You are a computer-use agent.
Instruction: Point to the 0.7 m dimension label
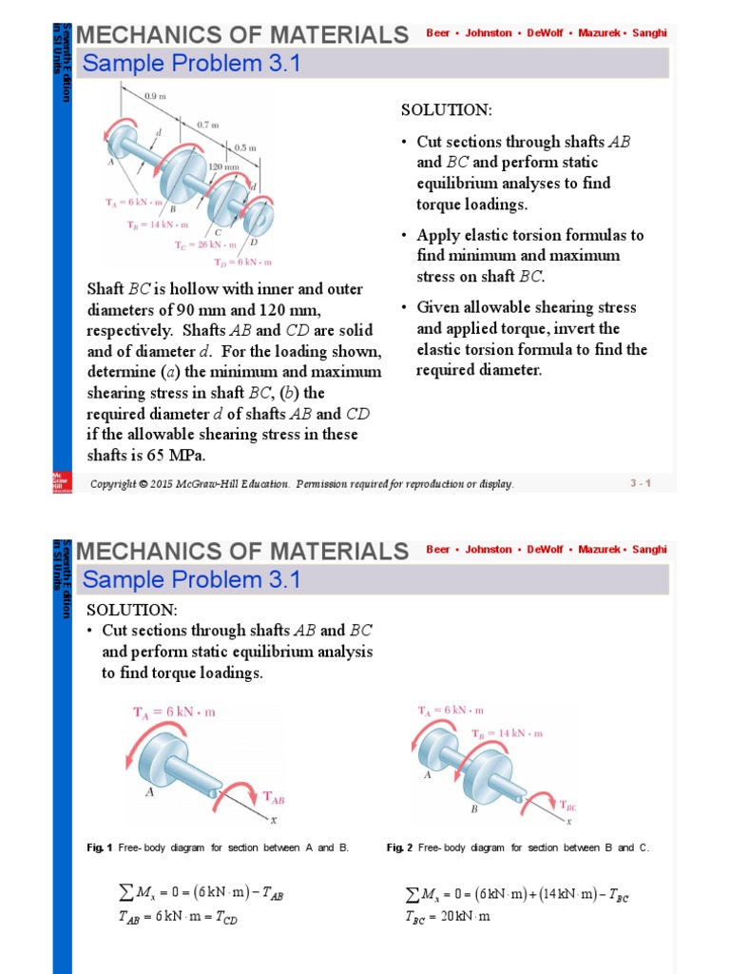click(x=208, y=125)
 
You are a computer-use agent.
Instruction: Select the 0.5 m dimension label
click(x=245, y=147)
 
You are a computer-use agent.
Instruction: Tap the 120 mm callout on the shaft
click(x=223, y=165)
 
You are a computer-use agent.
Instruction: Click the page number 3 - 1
click(x=640, y=484)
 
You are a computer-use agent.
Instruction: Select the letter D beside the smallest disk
click(x=253, y=243)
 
